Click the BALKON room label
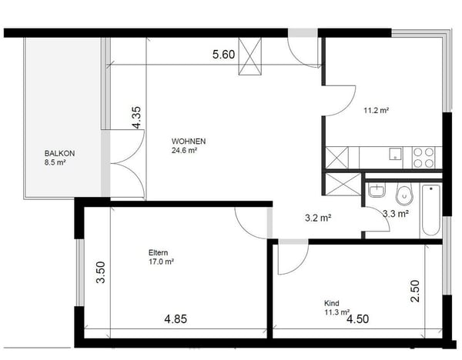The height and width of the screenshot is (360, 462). [59, 153]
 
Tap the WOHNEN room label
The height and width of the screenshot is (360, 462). [188, 142]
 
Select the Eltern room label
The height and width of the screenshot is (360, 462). [159, 252]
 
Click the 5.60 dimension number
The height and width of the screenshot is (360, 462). [224, 55]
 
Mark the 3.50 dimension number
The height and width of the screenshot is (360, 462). [100, 273]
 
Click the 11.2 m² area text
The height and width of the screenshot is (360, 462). [376, 111]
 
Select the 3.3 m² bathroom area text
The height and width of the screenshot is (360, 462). [396, 214]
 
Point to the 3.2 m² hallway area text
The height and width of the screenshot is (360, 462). [318, 218]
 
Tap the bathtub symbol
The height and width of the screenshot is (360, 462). [430, 211]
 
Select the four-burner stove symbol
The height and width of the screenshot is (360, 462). [423, 158]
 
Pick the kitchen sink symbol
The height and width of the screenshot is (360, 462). [396, 153]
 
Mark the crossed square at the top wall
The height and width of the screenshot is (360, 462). [251, 57]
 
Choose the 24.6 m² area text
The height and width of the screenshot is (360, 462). [185, 151]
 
